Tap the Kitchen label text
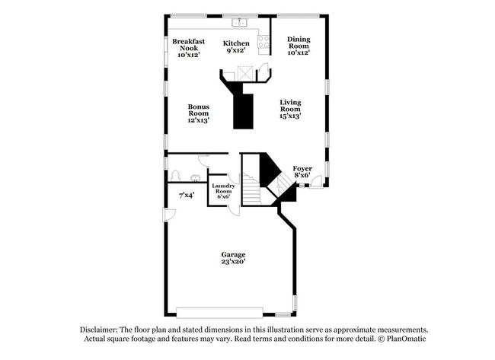pos(236,43)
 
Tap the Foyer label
pos(302,167)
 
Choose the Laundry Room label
pos(223,188)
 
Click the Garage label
pos(233,254)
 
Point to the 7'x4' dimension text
pos(187,196)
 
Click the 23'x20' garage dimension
pos(233,262)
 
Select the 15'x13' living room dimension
pos(290,116)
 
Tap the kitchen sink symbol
pos(238,21)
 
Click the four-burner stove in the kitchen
pos(264,43)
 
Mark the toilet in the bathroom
pos(175,175)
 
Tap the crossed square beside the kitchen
pos(244,73)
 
